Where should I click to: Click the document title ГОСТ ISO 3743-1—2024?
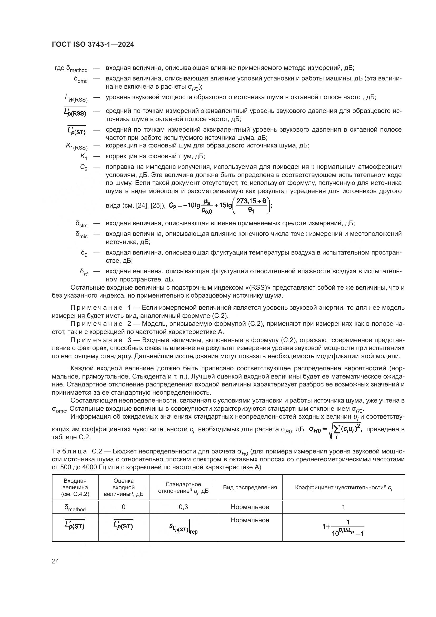(93, 45)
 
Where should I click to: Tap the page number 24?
(55, 561)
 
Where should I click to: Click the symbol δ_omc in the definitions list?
(81, 80)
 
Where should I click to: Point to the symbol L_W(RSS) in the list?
(76, 98)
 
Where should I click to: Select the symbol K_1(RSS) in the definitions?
(77, 146)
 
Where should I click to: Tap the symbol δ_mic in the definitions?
(81, 235)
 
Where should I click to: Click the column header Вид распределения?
(250, 487)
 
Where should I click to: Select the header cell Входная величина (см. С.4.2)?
(75, 487)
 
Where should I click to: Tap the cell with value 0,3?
(183, 507)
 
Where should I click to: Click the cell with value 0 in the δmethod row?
(123, 507)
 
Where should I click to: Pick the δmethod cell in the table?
(75, 508)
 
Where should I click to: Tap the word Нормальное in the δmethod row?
(250, 507)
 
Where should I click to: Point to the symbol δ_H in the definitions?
(84, 272)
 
